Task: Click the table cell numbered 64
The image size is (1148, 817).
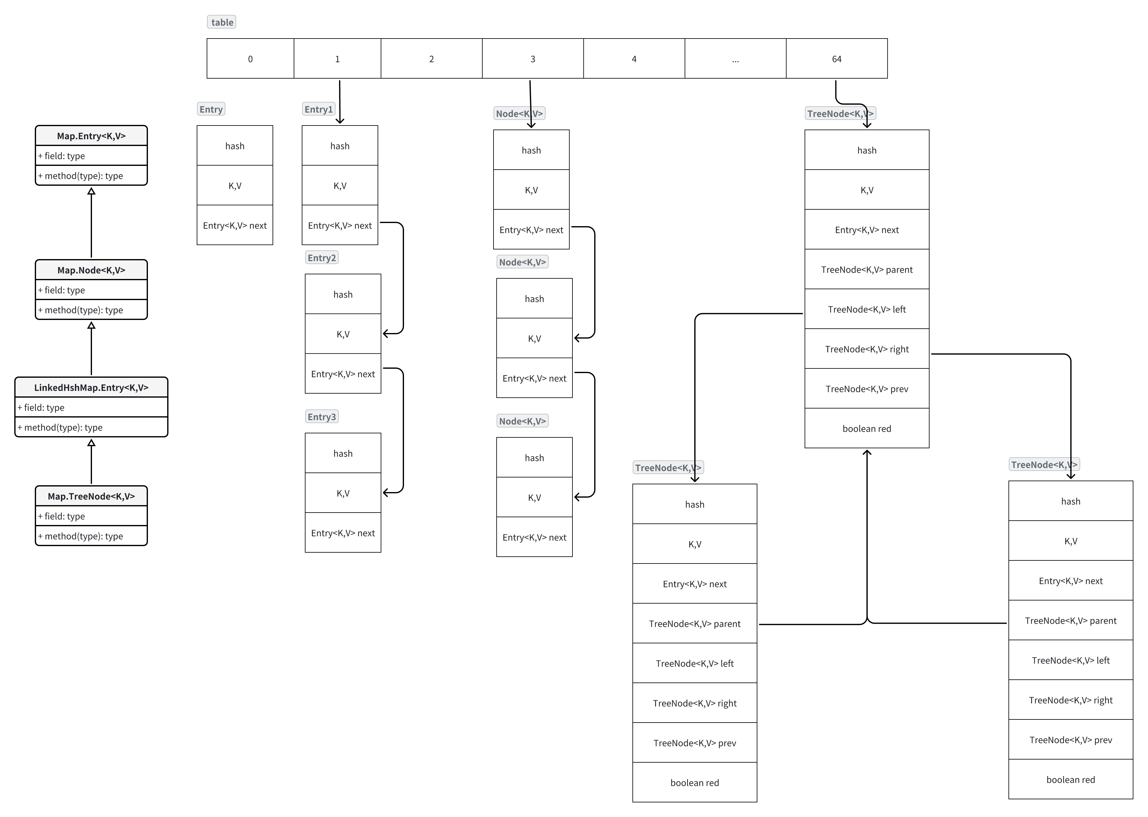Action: (837, 59)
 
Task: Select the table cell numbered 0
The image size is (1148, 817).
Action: (250, 59)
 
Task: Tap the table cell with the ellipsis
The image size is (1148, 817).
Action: (735, 59)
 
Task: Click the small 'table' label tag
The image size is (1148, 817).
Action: (222, 22)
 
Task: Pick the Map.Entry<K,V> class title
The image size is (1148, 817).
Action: (91, 136)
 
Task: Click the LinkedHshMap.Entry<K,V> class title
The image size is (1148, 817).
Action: (91, 387)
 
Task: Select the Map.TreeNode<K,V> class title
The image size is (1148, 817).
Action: (91, 496)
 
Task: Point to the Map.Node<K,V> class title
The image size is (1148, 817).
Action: (91, 270)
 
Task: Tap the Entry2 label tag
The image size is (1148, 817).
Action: (322, 258)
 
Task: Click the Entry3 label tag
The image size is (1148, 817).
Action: (322, 417)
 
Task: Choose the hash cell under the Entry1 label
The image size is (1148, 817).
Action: (340, 146)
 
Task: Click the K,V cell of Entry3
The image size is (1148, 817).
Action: (343, 493)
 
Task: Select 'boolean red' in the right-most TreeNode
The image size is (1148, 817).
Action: (1071, 779)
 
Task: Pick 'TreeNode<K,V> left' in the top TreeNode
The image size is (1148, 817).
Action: (867, 309)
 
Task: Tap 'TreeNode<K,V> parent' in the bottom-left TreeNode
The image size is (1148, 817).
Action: (695, 624)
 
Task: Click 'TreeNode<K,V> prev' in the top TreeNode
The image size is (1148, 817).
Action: (867, 389)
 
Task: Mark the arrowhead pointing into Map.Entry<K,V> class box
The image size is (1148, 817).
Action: (91, 191)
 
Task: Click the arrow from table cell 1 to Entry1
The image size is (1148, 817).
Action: (340, 101)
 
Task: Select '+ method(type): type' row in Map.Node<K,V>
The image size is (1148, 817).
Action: (91, 310)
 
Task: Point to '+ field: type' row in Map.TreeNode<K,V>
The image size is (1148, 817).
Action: (91, 516)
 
